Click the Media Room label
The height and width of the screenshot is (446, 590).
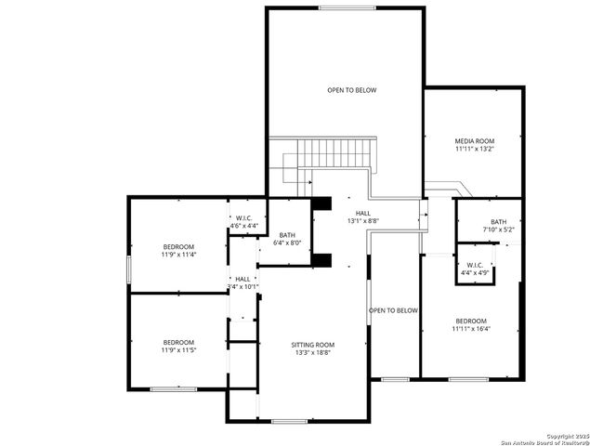[474, 139]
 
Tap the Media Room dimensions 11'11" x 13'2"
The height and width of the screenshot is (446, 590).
[474, 149]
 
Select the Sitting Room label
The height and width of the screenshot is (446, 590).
[311, 344]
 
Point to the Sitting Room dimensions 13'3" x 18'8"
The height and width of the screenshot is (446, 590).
[311, 353]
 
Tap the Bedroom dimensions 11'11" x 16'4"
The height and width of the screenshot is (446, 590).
[471, 328]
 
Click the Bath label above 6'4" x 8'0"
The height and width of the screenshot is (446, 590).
[287, 235]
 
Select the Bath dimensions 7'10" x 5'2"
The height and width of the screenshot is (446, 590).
[498, 230]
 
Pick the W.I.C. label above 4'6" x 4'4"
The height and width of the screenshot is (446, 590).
[244, 218]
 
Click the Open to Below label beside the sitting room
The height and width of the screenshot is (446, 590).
[394, 310]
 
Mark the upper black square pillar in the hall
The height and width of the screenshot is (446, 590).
[322, 203]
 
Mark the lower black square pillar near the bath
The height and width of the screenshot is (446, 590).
[322, 259]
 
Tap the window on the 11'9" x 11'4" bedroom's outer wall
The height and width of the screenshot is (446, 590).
[128, 267]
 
